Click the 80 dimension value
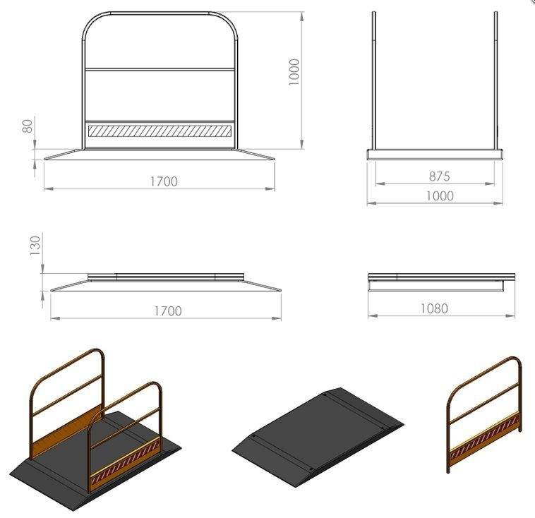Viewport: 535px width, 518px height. (28, 126)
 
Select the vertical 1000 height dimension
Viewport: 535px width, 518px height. (294, 72)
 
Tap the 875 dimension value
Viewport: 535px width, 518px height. (440, 176)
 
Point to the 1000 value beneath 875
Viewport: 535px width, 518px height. (440, 196)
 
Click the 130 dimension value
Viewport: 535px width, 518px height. (35, 246)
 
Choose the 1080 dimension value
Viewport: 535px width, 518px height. (434, 308)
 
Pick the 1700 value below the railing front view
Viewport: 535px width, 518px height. (164, 181)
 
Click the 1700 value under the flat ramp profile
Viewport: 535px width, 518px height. (168, 311)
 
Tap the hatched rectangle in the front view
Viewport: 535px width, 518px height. (160, 131)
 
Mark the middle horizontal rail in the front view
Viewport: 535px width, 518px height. (160, 70)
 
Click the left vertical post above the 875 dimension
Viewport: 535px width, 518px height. (374, 80)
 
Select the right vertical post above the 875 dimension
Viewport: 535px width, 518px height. (495, 80)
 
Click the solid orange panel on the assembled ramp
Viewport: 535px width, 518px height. (67, 429)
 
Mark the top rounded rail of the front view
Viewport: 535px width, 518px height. (160, 13)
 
